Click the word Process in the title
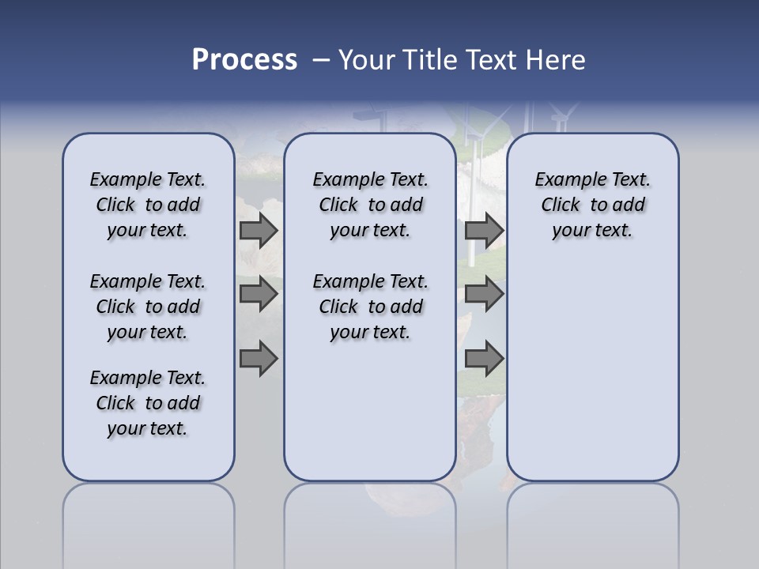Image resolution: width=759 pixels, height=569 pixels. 244,60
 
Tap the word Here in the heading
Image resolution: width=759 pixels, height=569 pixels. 557,60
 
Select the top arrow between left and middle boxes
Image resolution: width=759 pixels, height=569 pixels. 259,230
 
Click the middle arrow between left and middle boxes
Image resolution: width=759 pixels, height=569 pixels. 259,294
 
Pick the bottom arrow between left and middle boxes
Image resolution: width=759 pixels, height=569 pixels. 259,359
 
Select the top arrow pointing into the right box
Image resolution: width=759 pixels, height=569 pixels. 484,230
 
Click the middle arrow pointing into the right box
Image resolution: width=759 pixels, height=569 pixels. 484,294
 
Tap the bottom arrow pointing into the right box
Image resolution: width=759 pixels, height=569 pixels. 484,359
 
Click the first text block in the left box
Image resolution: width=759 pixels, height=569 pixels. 148,205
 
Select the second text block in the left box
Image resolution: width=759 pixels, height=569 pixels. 148,307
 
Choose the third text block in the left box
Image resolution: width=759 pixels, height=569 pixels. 148,403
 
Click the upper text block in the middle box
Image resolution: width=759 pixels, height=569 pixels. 370,205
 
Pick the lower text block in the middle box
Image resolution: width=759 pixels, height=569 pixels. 370,307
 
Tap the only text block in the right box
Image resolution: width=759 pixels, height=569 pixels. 592,205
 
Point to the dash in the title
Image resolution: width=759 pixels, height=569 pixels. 321,60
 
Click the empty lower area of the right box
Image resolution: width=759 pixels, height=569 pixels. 592,371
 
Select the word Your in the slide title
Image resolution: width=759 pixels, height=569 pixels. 366,60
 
